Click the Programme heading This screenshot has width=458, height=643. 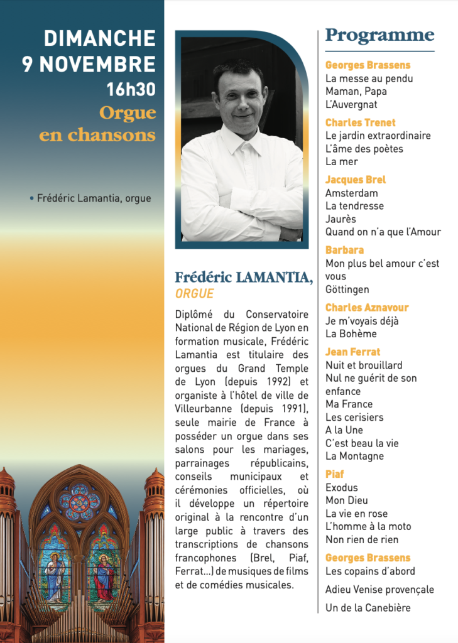point(379,35)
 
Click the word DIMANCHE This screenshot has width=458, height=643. point(99,38)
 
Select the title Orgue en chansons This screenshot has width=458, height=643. point(97,124)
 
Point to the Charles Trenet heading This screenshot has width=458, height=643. point(360,122)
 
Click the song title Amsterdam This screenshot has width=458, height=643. point(351,193)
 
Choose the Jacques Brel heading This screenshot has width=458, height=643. point(356,180)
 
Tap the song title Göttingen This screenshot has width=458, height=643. point(347,289)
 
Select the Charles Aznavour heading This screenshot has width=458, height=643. point(367,308)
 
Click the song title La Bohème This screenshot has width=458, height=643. point(351,333)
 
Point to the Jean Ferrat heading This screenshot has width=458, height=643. point(352,352)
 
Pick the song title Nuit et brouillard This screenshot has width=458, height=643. point(364,365)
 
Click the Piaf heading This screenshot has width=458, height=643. point(335,474)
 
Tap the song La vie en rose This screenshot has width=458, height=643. point(356,513)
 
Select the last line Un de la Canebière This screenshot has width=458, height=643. point(368,607)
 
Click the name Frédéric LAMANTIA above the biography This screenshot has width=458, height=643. point(244,277)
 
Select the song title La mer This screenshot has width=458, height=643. point(341,161)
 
